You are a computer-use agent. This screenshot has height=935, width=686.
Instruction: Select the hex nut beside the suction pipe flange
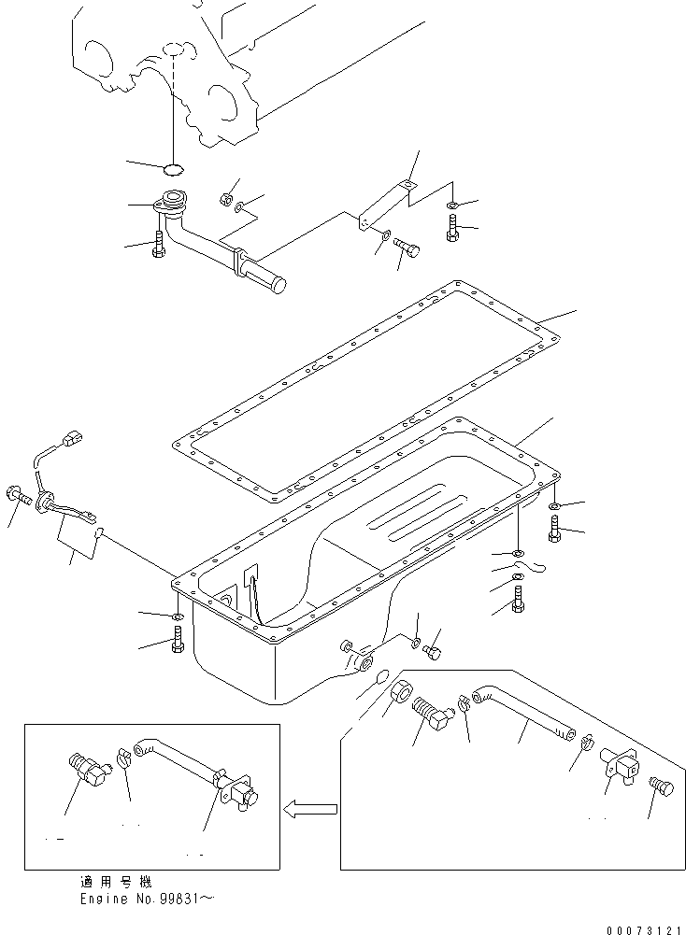(224, 198)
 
